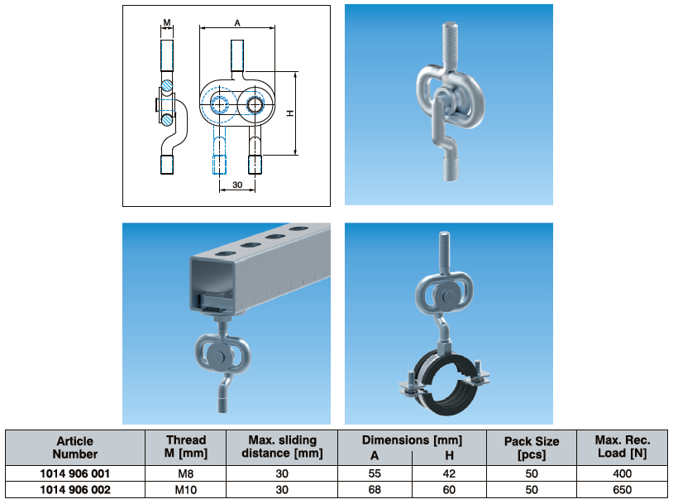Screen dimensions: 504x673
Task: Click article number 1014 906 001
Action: coord(75,474)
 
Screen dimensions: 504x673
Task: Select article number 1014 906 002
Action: coord(75,490)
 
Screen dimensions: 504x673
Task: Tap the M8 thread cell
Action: coord(185,474)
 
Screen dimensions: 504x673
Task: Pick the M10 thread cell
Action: coord(185,490)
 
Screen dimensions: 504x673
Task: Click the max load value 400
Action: coord(623,474)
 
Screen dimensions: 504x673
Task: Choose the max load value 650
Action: coord(623,490)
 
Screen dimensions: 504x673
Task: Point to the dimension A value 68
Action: coord(375,490)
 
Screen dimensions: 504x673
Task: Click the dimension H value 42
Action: coord(449,474)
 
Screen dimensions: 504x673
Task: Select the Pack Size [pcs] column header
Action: coord(532,448)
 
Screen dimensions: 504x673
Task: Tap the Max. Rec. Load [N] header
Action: coord(623,447)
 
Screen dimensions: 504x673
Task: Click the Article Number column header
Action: coord(75,447)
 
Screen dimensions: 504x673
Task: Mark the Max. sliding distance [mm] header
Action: coord(283,447)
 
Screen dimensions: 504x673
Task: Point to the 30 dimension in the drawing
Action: coord(237,185)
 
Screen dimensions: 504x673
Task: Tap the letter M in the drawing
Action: coord(167,22)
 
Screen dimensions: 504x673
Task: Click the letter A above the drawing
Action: coord(237,23)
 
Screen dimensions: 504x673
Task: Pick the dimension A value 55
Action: coord(375,474)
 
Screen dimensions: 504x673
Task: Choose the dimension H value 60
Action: coord(449,490)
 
